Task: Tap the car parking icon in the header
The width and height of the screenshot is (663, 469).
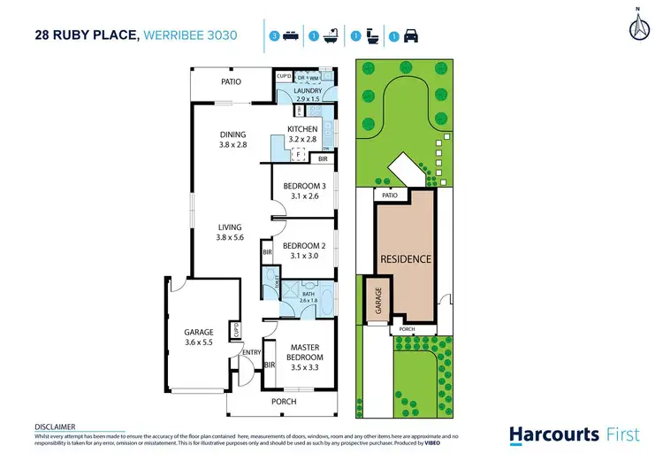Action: [x=412, y=37]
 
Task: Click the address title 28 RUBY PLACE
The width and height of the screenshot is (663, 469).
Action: [x=85, y=35]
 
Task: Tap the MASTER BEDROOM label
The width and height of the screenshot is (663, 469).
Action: [x=303, y=352]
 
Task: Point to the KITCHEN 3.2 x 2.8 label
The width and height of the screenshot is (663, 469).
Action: [x=301, y=134]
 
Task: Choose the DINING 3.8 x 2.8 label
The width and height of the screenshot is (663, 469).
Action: [x=233, y=140]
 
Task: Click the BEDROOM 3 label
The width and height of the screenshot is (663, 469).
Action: [x=303, y=190]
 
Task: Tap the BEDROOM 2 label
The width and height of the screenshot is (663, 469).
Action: [x=303, y=250]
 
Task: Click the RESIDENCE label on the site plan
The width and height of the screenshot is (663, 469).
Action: [x=406, y=259]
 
